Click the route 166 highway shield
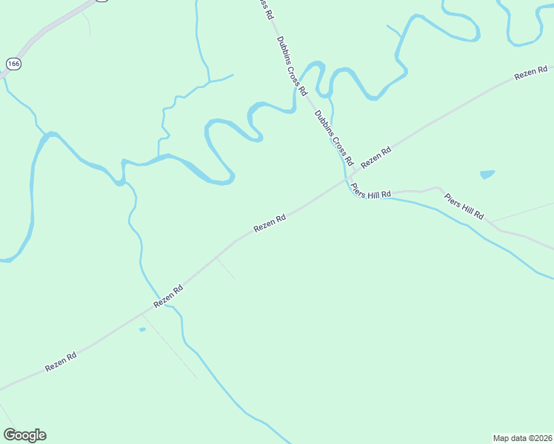coord(13,64)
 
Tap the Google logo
coord(24,435)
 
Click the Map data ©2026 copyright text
coord(522,437)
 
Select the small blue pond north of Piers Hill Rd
coord(487,175)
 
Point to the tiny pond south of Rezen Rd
coord(142,329)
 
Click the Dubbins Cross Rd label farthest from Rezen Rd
coord(291,66)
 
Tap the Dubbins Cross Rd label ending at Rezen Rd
coord(333,138)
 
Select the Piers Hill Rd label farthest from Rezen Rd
coord(464,206)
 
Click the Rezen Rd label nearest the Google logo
coord(61,362)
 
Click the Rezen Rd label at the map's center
coord(270,223)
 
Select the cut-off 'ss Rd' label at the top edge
coord(264,9)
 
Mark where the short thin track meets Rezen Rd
coord(216,258)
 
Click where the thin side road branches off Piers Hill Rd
coord(490,221)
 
